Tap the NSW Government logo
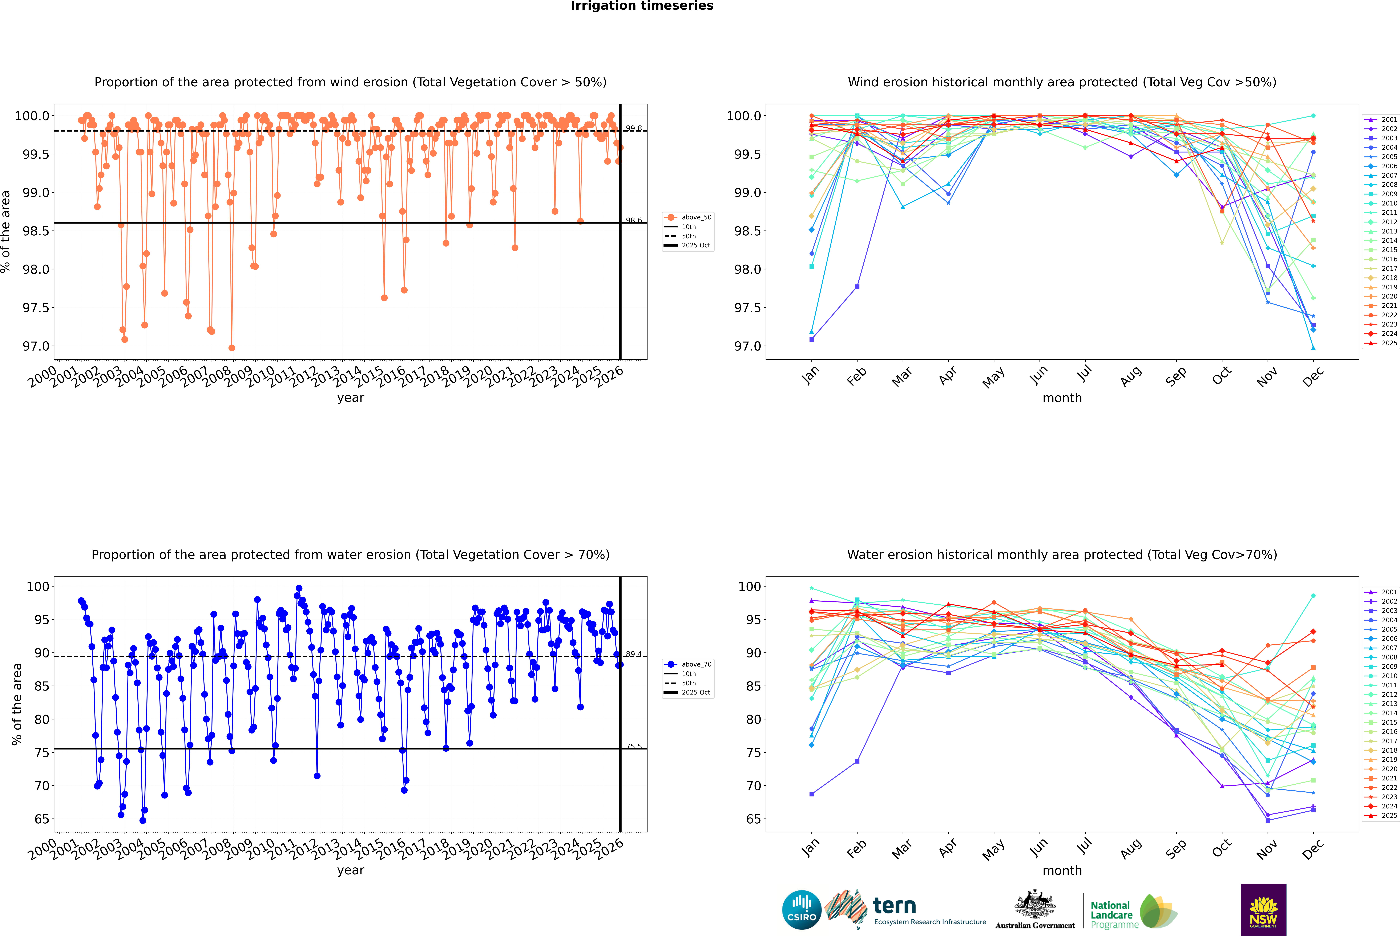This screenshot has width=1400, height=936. (x=1263, y=910)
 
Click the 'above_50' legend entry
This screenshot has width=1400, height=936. (x=696, y=217)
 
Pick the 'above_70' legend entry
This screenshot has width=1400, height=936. (x=696, y=664)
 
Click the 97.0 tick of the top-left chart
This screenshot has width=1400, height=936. (x=36, y=346)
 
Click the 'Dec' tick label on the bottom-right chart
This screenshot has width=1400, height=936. (x=1313, y=848)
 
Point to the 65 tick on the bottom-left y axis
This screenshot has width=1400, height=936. (x=42, y=819)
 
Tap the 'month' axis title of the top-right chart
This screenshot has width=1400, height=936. (x=1062, y=398)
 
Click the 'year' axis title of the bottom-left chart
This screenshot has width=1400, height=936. (x=350, y=870)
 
